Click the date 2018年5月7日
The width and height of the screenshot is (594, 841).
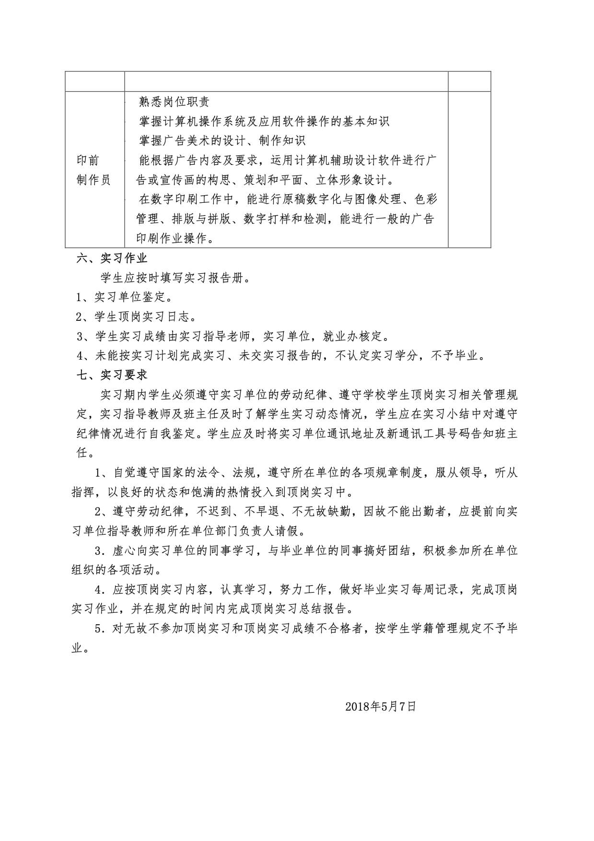(380, 706)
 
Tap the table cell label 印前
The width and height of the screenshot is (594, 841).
(88, 160)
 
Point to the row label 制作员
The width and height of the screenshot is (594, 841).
(93, 180)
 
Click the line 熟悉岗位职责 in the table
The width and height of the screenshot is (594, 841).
(174, 102)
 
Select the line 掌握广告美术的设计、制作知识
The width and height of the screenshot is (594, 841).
(222, 140)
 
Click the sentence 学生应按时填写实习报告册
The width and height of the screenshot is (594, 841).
(175, 278)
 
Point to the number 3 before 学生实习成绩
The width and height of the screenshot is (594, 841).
(81, 336)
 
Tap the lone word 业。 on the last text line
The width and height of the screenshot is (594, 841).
(80, 648)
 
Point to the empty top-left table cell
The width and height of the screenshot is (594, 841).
(95, 82)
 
